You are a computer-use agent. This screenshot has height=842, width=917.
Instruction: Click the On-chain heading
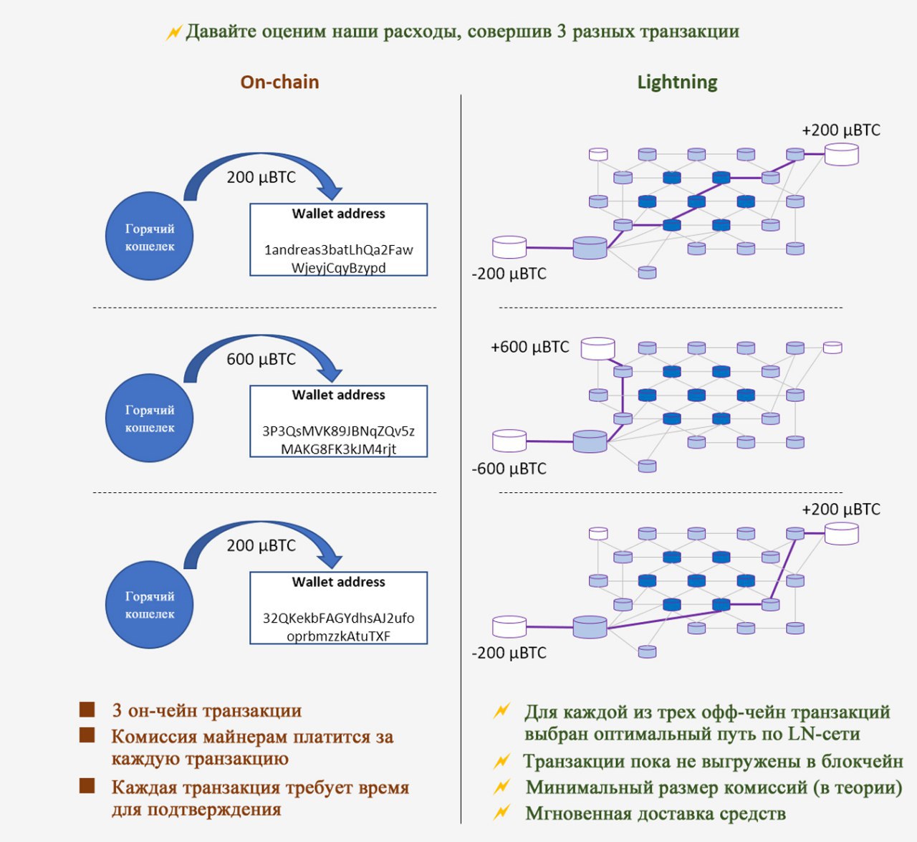pyautogui.click(x=280, y=82)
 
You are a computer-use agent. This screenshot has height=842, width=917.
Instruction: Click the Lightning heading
pyautogui.click(x=677, y=83)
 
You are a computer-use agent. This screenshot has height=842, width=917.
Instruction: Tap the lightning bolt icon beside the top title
pyautogui.click(x=173, y=32)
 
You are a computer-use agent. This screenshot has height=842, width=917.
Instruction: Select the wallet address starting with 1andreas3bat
pyautogui.click(x=339, y=259)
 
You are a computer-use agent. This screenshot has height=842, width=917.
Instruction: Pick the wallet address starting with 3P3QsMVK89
pyautogui.click(x=339, y=440)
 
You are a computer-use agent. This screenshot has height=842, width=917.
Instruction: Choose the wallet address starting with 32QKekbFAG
pyautogui.click(x=339, y=627)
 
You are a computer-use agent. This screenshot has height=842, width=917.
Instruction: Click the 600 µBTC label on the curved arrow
pyautogui.click(x=261, y=359)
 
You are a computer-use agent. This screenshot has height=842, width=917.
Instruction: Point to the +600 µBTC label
pyautogui.click(x=530, y=347)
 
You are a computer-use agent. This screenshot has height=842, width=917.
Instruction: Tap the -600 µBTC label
pyautogui.click(x=509, y=469)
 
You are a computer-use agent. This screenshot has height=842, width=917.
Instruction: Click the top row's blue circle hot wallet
pyautogui.click(x=150, y=236)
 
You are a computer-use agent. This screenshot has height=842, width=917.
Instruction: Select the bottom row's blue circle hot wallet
pyautogui.click(x=150, y=605)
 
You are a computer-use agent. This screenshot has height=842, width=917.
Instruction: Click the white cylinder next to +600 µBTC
pyautogui.click(x=597, y=348)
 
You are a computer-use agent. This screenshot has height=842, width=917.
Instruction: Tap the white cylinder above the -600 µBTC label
pyautogui.click(x=509, y=441)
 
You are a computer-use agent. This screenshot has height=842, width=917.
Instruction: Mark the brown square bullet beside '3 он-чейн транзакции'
pyautogui.click(x=87, y=710)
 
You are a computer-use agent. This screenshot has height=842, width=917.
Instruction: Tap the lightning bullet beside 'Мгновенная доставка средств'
pyautogui.click(x=501, y=813)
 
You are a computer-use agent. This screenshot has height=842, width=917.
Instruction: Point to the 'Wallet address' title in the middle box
pyautogui.click(x=339, y=395)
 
